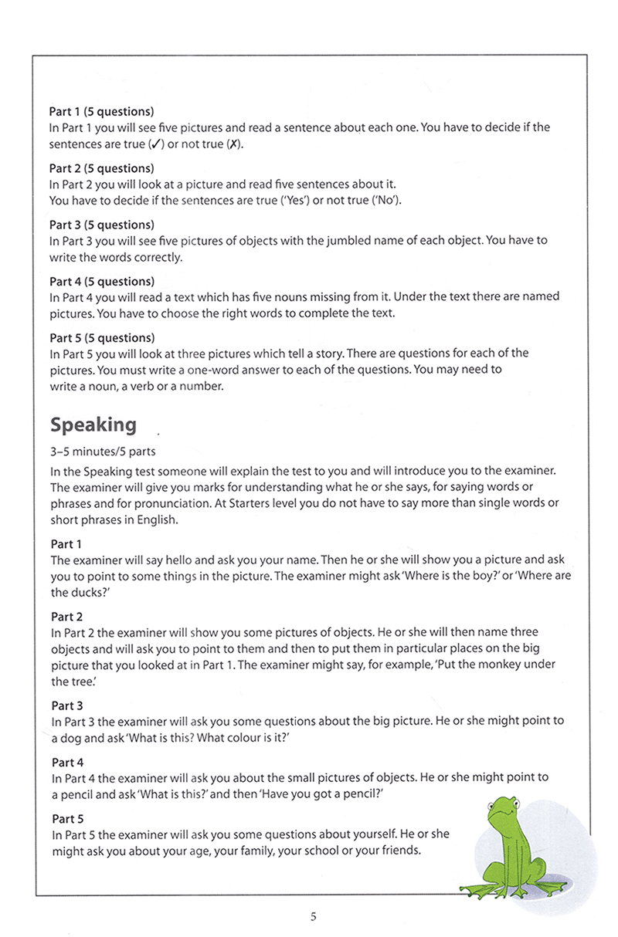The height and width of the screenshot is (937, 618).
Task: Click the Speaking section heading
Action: point(93,425)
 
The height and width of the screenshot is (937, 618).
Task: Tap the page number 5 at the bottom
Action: point(313,917)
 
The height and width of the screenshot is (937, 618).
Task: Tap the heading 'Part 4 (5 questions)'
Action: point(102,282)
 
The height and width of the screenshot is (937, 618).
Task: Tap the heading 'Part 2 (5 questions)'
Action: point(102,169)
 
